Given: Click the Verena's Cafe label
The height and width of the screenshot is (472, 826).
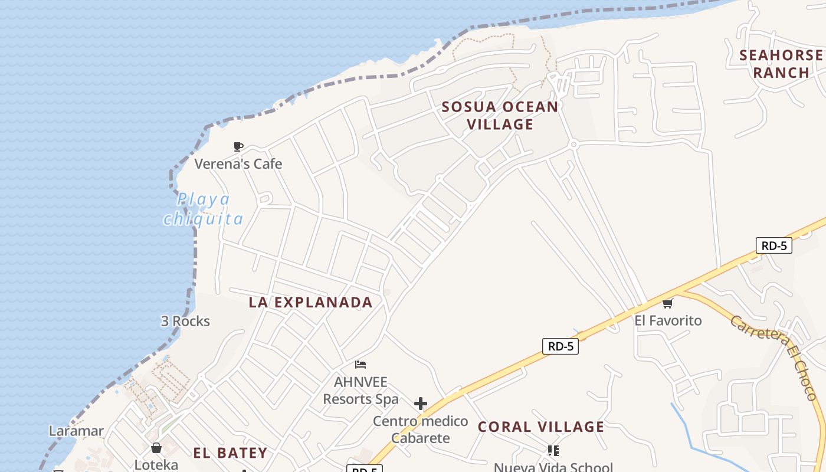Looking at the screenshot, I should pos(238,163).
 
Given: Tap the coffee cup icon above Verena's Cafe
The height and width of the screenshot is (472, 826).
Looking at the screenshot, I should pos(238,146).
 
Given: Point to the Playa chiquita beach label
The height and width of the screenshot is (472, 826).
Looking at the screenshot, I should pos(204,209).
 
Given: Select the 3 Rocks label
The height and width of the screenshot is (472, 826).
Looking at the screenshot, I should pos(185,321).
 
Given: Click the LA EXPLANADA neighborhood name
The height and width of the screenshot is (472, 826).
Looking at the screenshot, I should pos(310,302).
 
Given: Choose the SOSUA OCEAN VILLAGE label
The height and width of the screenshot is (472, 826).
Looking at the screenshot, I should pos(500,116).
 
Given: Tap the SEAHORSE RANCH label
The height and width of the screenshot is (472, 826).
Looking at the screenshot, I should pos(781,64).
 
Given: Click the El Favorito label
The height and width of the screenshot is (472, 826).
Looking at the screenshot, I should pos(668,320).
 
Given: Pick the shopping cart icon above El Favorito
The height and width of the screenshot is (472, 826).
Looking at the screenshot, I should pos(667,304).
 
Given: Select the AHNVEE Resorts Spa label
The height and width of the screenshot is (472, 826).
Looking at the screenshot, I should pos(360,391).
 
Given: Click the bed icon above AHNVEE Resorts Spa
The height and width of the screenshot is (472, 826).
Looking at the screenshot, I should pos(360,365).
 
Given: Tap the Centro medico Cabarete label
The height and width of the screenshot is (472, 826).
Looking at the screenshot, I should pos(420,430).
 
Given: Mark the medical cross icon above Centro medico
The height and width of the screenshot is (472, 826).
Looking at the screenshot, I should pos(420,404).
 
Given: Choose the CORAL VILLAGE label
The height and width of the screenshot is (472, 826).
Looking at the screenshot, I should pos(541,427).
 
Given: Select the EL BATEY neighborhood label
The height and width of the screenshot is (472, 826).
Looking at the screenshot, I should pos(230,453).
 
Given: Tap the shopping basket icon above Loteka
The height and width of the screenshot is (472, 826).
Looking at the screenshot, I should pos(156,448).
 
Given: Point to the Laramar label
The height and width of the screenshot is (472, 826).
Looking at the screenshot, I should pos(76,431).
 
